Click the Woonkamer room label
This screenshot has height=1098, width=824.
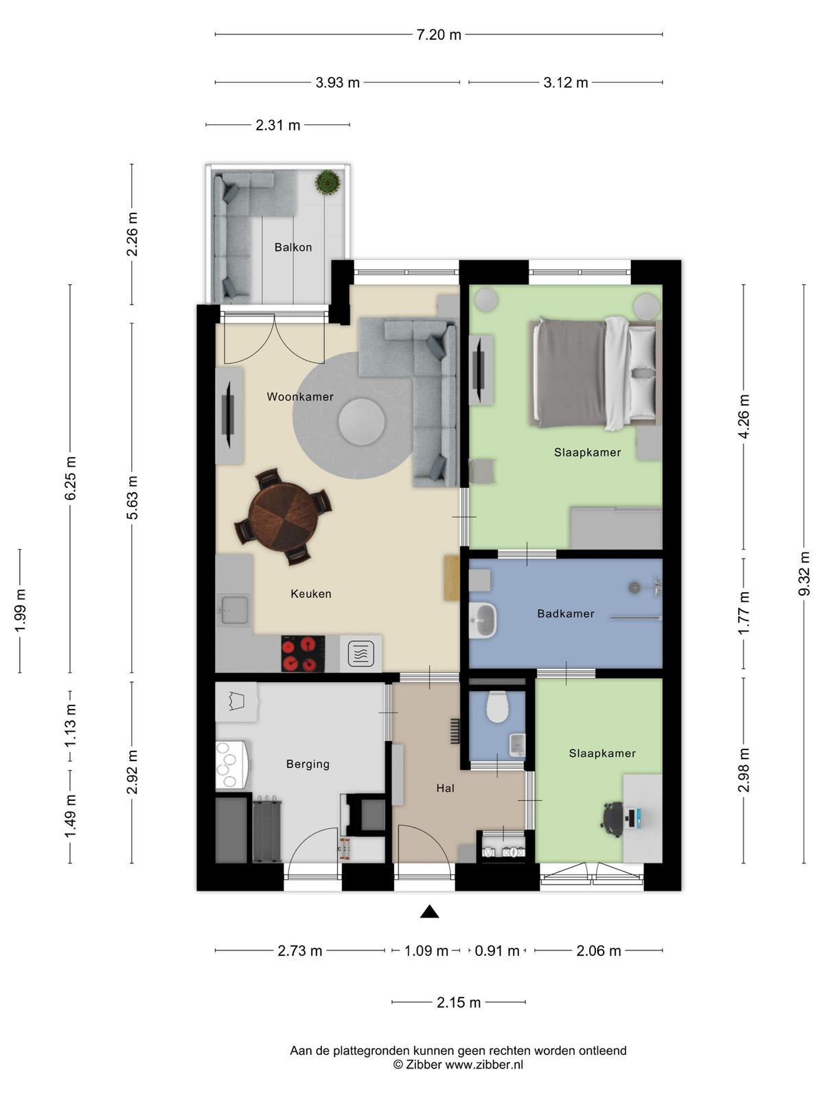(x=299, y=397)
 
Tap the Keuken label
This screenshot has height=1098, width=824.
(x=310, y=594)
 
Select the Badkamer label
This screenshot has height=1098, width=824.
(x=565, y=614)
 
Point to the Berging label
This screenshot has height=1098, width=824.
(x=308, y=764)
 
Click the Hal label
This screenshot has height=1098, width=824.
(x=445, y=789)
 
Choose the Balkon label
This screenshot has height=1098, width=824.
(x=293, y=247)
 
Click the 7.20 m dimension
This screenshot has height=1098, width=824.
(x=439, y=34)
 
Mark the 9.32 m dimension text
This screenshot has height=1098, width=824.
(x=804, y=574)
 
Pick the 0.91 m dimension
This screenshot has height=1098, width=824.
(x=496, y=950)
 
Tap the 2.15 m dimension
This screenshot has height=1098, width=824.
(x=458, y=1003)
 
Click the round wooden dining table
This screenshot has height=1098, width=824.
(x=283, y=516)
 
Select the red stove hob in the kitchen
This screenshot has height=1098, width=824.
(x=303, y=653)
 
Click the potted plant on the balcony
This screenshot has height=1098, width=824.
(x=328, y=183)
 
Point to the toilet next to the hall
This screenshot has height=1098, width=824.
(x=497, y=707)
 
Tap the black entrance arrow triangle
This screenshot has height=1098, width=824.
(x=429, y=912)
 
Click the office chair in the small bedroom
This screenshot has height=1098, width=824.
(x=613, y=819)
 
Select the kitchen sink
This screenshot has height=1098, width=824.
(x=235, y=610)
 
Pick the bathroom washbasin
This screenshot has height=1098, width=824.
(x=483, y=620)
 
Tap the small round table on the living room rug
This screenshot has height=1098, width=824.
(x=362, y=421)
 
